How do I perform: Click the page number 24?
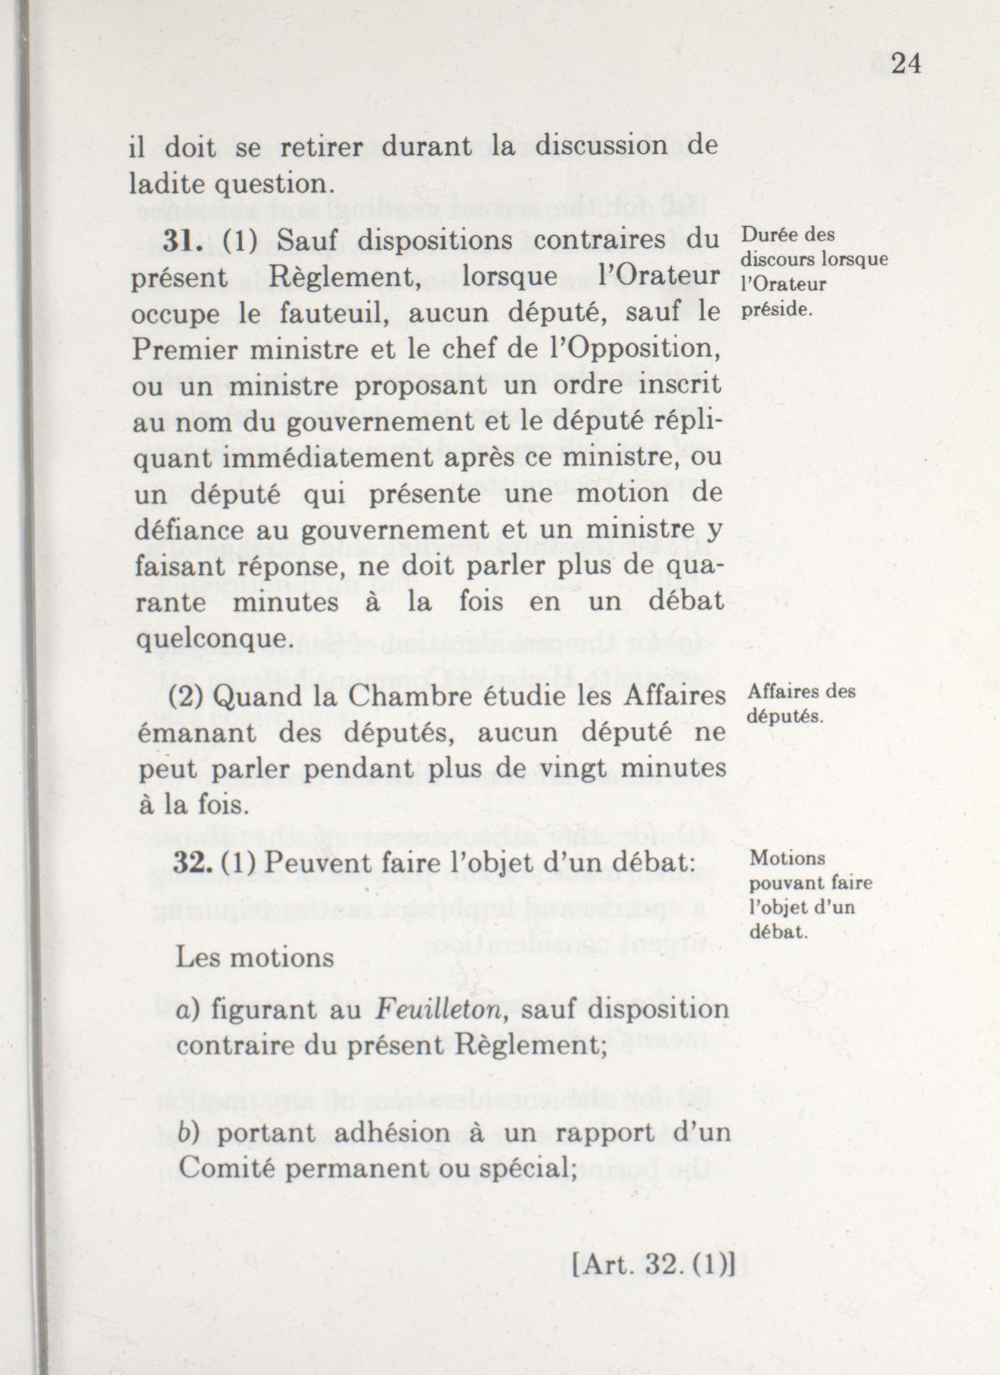click(905, 64)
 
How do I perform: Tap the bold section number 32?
click(190, 863)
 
